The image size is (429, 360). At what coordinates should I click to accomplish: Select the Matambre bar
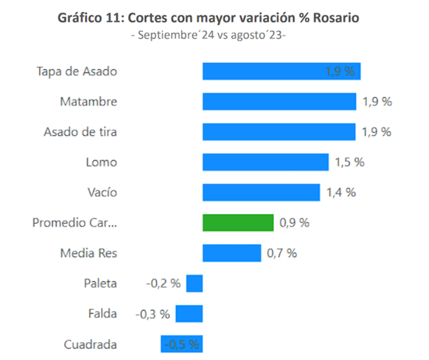coord(279,101)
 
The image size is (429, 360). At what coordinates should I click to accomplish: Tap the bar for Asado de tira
coord(279,131)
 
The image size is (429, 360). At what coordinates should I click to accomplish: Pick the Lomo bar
coord(265,162)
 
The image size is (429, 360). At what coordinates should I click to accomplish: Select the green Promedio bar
coord(238,223)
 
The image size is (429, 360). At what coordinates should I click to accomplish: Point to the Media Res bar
coord(232,253)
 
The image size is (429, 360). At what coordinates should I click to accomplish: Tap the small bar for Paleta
coord(194,283)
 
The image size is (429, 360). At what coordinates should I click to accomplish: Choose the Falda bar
coord(189,314)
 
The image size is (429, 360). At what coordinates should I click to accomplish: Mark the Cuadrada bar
coord(181,344)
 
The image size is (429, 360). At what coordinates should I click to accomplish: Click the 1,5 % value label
coord(350,162)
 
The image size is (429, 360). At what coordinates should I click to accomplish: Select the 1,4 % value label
coord(341,192)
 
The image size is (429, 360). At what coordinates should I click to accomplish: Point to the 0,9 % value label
coord(294,223)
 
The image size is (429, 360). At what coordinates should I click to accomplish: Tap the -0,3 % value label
coord(153,314)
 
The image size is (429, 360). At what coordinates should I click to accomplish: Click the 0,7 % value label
coord(282,253)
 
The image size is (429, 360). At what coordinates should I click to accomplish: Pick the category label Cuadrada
coord(90,344)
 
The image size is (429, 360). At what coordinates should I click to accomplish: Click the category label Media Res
coord(88,253)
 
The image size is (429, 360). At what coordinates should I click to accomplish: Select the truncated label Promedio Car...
coord(75,223)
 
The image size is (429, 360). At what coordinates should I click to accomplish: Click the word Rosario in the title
coord(337,18)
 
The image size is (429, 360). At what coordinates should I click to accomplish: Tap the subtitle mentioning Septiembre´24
coord(209,35)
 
